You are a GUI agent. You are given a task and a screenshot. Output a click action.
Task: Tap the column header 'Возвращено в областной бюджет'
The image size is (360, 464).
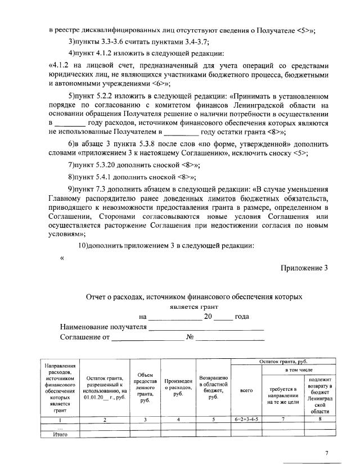pos(213,387)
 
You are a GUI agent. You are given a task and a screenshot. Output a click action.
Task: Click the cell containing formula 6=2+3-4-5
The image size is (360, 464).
pos(246,420)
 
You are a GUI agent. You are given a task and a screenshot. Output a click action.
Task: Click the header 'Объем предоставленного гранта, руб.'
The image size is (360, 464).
pos(145,388)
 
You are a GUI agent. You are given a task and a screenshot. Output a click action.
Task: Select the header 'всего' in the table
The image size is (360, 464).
pos(246,390)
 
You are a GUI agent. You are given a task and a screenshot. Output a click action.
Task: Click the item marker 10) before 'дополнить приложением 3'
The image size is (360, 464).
pos(83,245)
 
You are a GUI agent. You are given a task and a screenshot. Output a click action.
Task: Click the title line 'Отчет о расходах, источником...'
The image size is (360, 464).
pos(194,296)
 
